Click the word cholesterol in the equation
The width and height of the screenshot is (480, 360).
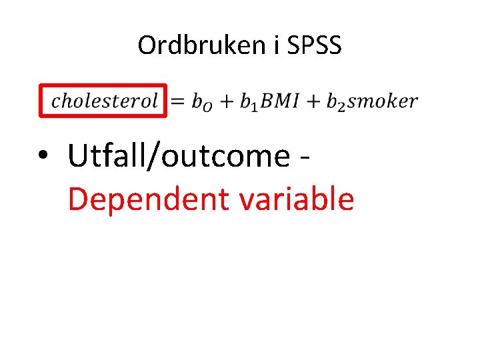point(105,101)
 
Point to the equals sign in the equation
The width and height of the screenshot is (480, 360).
point(177,101)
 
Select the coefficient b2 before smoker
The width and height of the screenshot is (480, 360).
point(337,102)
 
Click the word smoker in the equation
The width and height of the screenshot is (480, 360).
point(383,101)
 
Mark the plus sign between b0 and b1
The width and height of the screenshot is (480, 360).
point(229,101)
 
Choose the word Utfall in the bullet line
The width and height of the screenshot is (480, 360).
point(107,156)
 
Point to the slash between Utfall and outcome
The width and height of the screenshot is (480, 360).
point(152,156)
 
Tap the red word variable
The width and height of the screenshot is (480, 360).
point(292,198)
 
